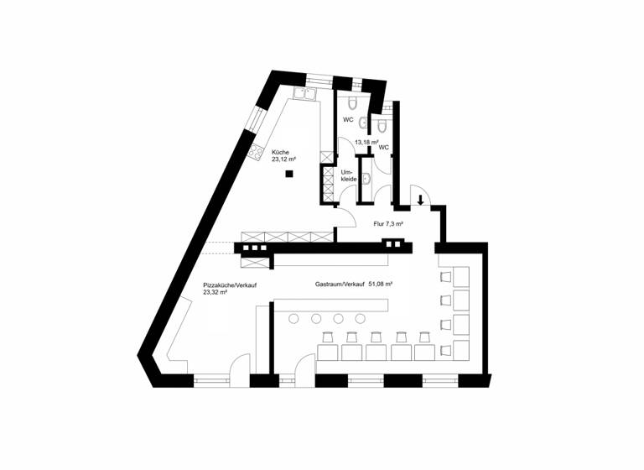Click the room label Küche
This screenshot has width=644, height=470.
pyautogui.click(x=279, y=152)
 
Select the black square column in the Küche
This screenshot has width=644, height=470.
pyautogui.click(x=288, y=174)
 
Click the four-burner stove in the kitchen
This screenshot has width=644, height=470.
pyautogui.click(x=255, y=152)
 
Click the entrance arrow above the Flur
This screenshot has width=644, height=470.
pyautogui.click(x=420, y=200)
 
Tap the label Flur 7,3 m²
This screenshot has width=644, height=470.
pyautogui.click(x=388, y=224)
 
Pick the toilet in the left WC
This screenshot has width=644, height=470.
pyautogui.click(x=352, y=102)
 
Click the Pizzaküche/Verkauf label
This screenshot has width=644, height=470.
pyautogui.click(x=229, y=285)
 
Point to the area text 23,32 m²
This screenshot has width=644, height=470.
pyautogui.click(x=216, y=292)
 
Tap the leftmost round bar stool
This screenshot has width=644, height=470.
pyautogui.click(x=293, y=319)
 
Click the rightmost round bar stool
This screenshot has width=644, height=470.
pyautogui.click(x=360, y=319)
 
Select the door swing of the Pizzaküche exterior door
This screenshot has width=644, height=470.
pyautogui.click(x=239, y=368)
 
